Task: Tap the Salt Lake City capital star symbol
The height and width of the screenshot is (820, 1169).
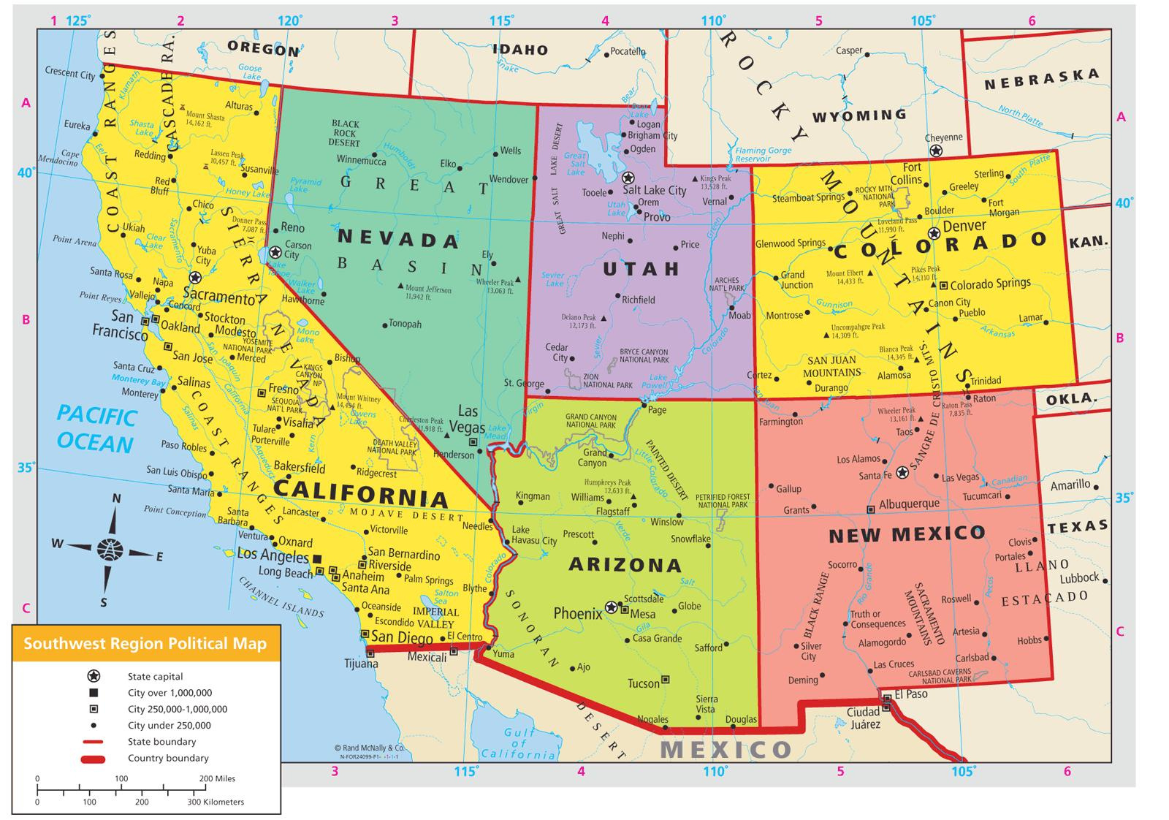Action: tap(628, 178)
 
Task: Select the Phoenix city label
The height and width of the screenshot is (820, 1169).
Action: tap(577, 614)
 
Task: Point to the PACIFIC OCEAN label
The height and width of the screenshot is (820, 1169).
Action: tap(96, 430)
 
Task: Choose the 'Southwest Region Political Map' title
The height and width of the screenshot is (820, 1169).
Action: tap(145, 644)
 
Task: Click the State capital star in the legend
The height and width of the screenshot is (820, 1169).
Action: tap(94, 676)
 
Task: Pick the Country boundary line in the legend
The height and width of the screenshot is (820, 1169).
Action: tap(94, 759)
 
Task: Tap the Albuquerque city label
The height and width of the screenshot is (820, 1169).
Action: tap(909, 504)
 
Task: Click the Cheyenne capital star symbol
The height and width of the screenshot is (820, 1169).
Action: tap(935, 151)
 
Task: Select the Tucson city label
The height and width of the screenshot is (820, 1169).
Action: tap(643, 683)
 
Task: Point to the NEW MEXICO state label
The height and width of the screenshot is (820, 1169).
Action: tap(907, 534)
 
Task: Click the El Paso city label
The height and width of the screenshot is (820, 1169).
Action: tap(910, 694)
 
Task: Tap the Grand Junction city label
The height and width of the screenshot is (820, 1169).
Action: tap(796, 280)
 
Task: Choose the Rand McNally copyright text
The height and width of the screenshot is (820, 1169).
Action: tap(369, 748)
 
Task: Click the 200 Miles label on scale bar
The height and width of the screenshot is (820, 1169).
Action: tap(216, 778)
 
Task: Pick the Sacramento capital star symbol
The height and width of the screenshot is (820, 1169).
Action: tap(195, 278)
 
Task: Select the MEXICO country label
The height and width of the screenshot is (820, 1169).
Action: tap(726, 750)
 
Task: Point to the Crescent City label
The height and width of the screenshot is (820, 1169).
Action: tap(70, 73)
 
